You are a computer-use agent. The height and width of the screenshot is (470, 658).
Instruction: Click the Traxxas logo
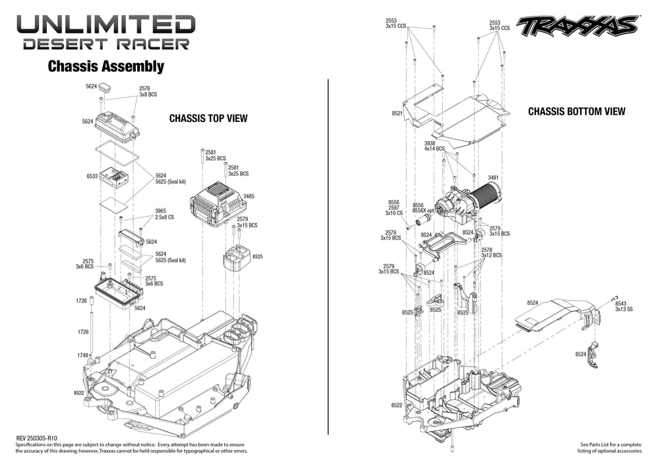577,26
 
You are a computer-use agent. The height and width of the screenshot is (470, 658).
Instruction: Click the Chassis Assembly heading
106,66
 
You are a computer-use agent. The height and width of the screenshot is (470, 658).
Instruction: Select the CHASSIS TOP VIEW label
208,118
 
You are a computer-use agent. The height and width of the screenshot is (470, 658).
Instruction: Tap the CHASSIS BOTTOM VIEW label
576,111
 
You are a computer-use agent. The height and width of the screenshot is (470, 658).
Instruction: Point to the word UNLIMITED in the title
106,25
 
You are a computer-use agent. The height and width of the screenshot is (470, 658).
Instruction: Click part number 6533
93,176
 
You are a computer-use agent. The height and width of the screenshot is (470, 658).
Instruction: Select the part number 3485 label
249,196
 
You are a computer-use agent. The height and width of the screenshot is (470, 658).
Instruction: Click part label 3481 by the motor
493,177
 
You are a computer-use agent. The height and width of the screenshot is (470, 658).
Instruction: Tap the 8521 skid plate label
397,113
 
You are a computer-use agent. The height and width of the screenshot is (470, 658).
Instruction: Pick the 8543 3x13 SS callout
623,306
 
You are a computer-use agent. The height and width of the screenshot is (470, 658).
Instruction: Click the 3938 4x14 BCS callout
434,146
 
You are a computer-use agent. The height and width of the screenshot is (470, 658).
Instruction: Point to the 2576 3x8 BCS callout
148,91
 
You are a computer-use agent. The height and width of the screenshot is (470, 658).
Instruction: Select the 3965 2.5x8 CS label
164,214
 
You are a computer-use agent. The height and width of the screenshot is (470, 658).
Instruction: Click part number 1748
83,355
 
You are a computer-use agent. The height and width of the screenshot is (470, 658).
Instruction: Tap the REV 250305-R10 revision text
37,438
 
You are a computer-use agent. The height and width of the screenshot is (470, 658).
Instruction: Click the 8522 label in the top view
79,393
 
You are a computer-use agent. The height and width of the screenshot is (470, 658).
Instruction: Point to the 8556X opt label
423,210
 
